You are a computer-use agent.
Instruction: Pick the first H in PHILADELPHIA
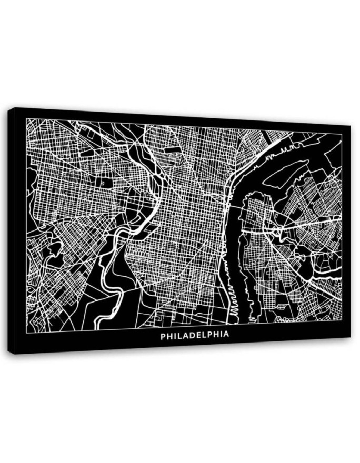point(168,335)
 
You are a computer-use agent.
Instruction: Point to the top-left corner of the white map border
point(26,119)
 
